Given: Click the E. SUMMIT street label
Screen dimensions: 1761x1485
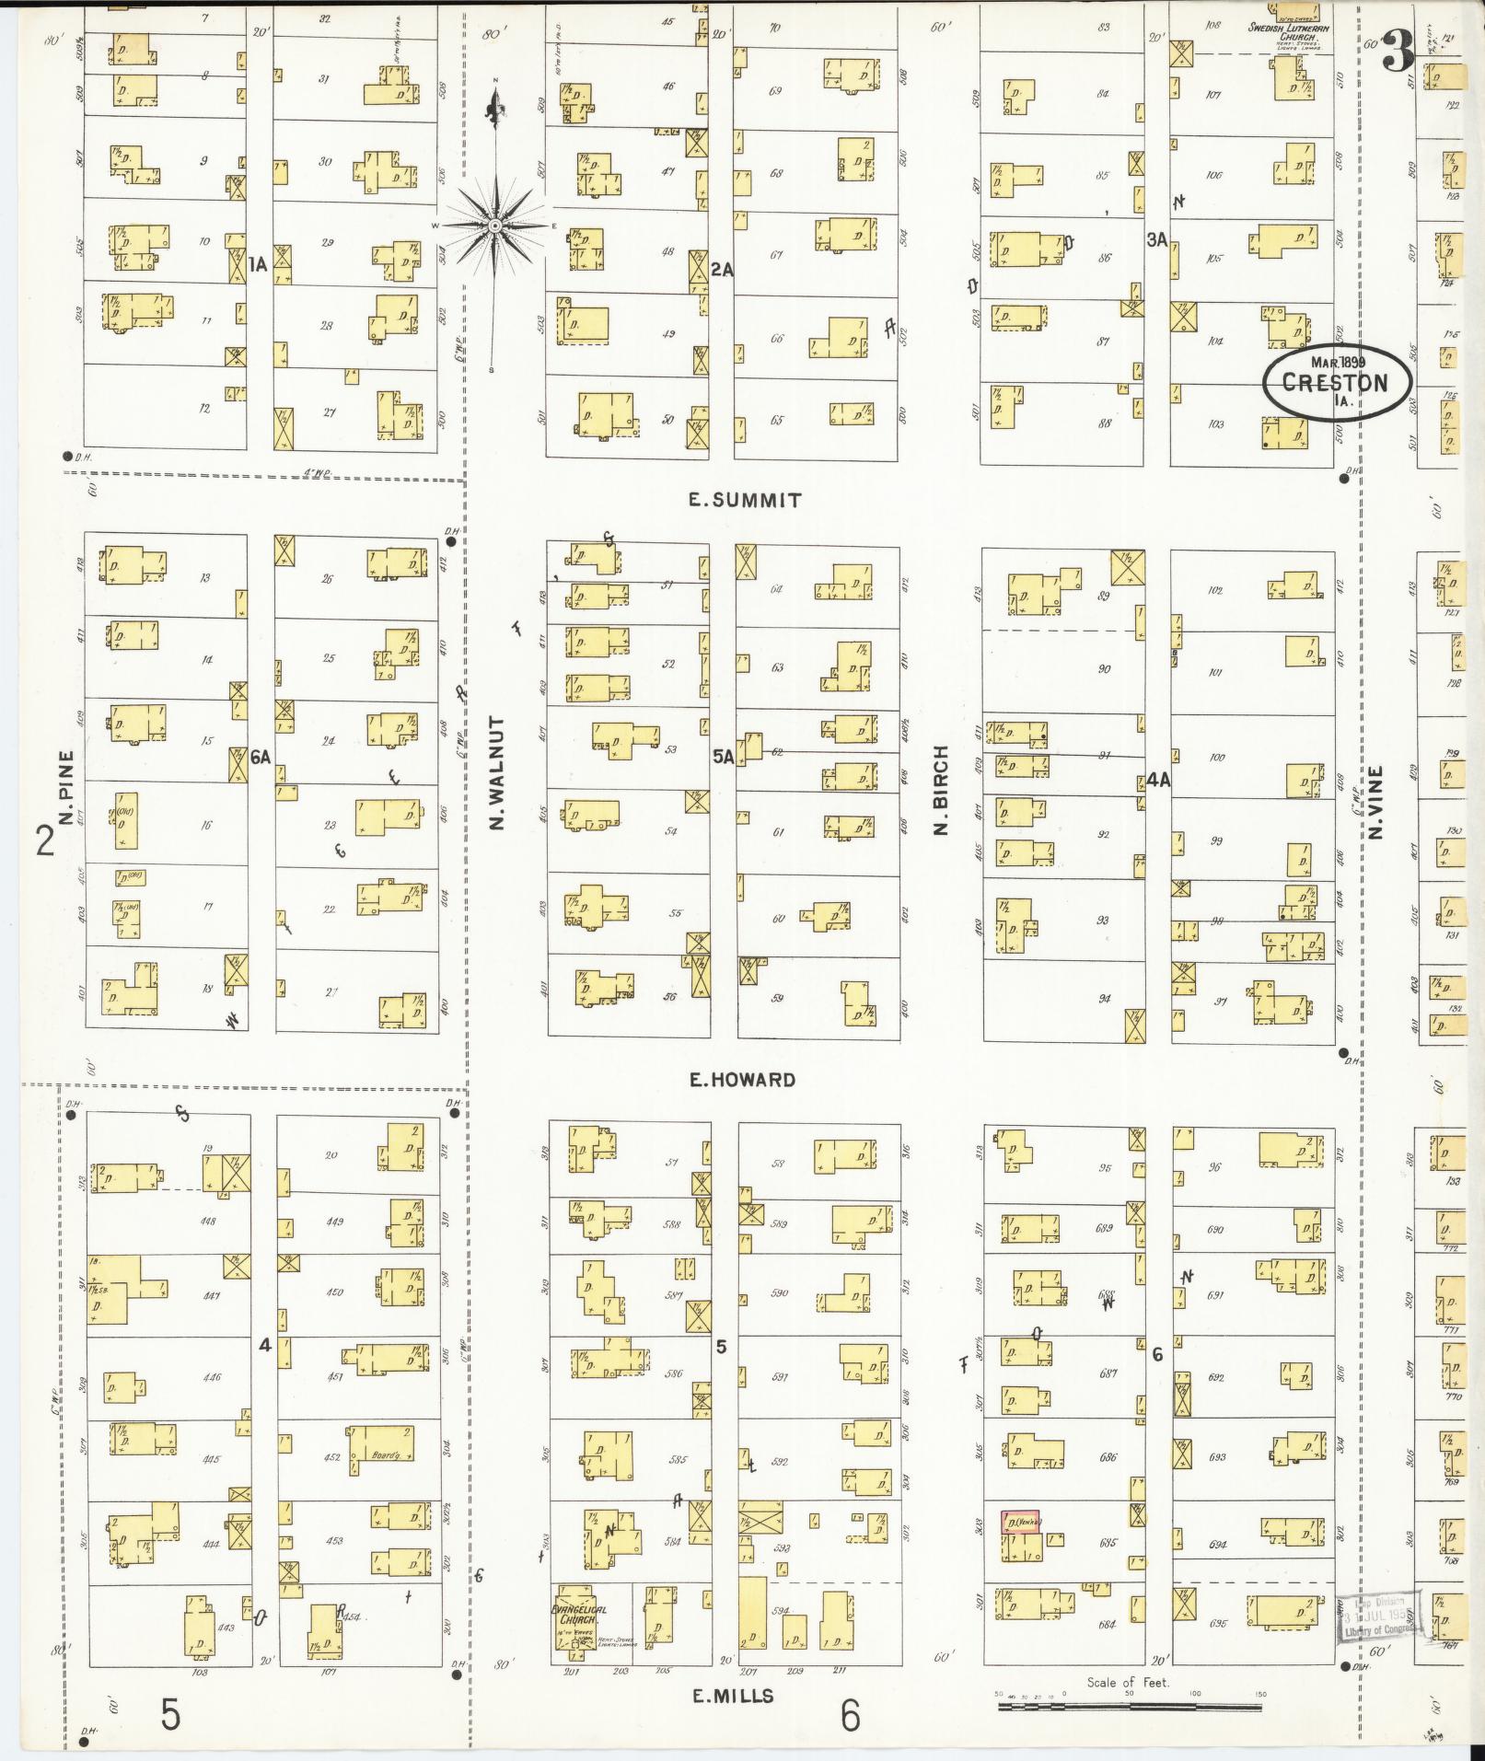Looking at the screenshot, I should click(x=746, y=501).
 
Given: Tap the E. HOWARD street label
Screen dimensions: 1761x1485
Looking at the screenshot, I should click(x=742, y=1080).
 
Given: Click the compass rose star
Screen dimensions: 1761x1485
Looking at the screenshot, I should click(x=495, y=226).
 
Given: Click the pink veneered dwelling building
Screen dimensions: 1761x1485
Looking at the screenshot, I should click(x=1020, y=1522).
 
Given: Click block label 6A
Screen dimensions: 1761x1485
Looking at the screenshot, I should click(x=261, y=757).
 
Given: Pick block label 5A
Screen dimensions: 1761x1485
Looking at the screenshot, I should click(x=723, y=757).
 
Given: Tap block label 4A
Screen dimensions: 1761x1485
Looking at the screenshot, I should click(x=1158, y=780).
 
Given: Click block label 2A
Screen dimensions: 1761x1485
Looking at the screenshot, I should click(x=723, y=270).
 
